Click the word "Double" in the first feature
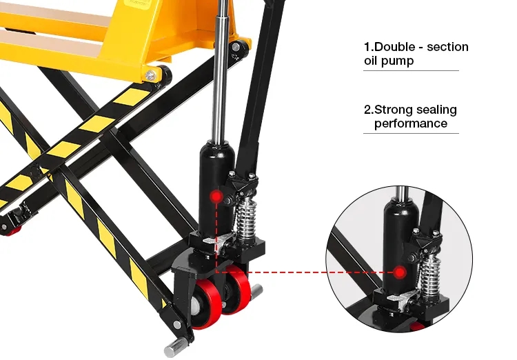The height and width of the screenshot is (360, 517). pyautogui.click(x=394, y=47)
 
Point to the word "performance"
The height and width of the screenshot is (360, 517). pyautogui.click(x=411, y=123)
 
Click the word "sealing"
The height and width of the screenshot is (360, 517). pyautogui.click(x=436, y=110)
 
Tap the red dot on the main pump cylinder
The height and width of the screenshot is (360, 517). pyautogui.click(x=216, y=197)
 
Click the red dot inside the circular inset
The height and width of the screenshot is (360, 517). pyautogui.click(x=400, y=272)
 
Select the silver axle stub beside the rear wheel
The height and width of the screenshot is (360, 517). pyautogui.click(x=257, y=291)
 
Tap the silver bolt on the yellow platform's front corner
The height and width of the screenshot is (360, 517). pyautogui.click(x=150, y=76)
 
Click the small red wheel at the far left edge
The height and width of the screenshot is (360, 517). pyautogui.click(x=12, y=232)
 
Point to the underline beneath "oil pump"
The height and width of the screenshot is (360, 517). pyautogui.click(x=411, y=70)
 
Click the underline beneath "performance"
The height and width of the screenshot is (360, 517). pyautogui.click(x=411, y=133)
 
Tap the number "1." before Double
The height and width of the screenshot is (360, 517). pyautogui.click(x=369, y=47)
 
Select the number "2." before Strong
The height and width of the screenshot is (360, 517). pyautogui.click(x=369, y=110)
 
